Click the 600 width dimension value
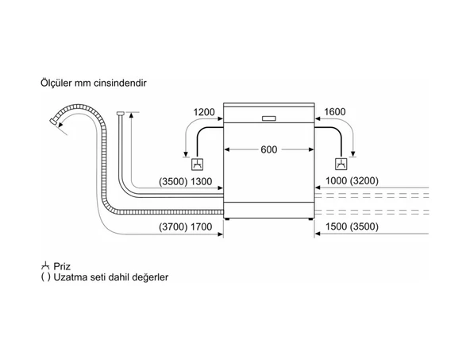[x=268, y=150]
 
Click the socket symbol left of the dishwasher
[x=197, y=165]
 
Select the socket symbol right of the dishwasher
[x=341, y=165]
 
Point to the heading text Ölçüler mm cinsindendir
[x=92, y=83]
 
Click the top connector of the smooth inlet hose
[x=120, y=115]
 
